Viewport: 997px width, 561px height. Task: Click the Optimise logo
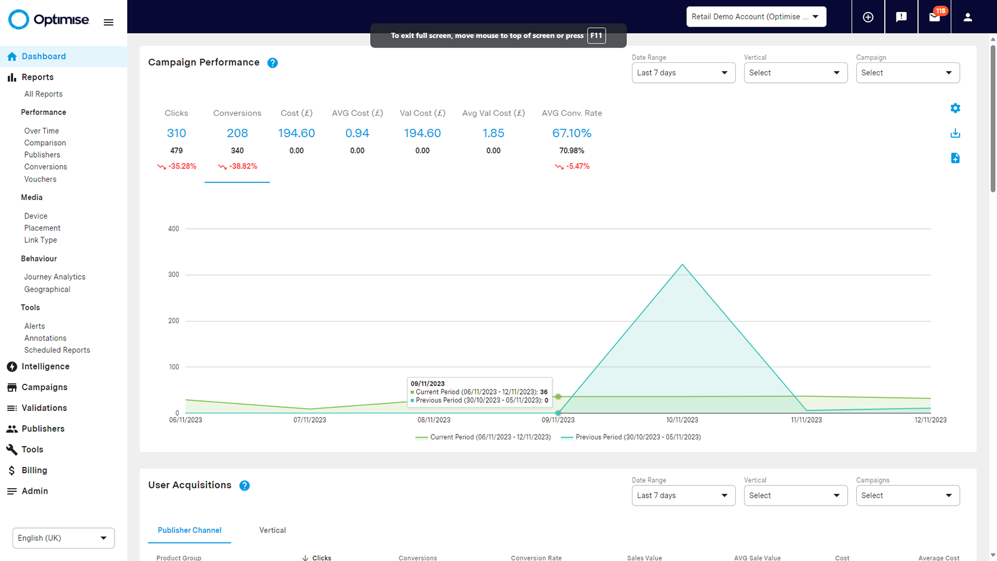[x=49, y=20]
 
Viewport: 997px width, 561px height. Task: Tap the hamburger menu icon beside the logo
[x=108, y=22]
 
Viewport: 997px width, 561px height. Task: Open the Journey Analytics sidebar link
[x=55, y=277]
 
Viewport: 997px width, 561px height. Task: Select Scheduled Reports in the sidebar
[x=57, y=350]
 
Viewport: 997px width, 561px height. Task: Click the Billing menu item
[x=34, y=471]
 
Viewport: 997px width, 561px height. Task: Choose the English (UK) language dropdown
[x=63, y=538]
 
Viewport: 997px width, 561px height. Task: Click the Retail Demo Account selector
[x=756, y=17]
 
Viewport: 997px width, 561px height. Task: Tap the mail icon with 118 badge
[x=934, y=17]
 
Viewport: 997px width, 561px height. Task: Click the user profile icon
[x=968, y=17]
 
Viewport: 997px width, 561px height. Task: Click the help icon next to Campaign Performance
[x=272, y=63]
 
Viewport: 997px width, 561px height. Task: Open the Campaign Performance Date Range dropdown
[x=683, y=73]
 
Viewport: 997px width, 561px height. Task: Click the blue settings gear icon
[x=955, y=108]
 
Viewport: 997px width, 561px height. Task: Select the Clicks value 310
[x=176, y=133]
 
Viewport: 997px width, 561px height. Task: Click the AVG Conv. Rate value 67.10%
[x=571, y=133]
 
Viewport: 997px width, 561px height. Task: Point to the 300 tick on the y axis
[x=174, y=275]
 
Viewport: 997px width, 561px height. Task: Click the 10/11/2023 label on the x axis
[x=682, y=420]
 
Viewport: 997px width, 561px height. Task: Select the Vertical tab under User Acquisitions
[x=272, y=530]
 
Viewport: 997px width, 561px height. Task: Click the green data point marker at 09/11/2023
[x=558, y=396]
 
